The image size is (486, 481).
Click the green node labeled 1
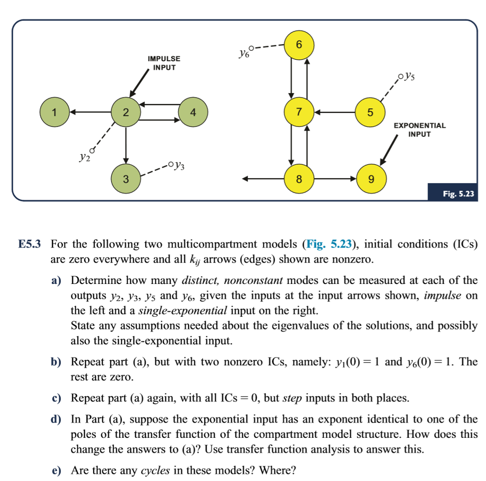(x=55, y=113)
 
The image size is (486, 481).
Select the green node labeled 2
(x=125, y=113)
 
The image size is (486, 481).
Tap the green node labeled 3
(x=125, y=179)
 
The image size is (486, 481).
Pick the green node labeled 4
(x=192, y=113)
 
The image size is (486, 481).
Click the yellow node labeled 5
(x=370, y=113)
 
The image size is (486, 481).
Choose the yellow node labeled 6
(x=299, y=45)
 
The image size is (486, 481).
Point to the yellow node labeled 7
(x=299, y=113)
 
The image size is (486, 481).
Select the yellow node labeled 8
(x=299, y=179)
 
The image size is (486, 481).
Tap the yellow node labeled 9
(x=371, y=179)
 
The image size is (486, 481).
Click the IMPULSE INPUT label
(x=164, y=63)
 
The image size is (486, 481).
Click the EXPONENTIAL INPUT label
(x=420, y=130)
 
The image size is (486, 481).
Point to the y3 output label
(x=180, y=166)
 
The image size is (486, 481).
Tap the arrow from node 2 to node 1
(x=90, y=113)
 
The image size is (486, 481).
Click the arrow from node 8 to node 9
(x=335, y=179)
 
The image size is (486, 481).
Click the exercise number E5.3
(x=30, y=245)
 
